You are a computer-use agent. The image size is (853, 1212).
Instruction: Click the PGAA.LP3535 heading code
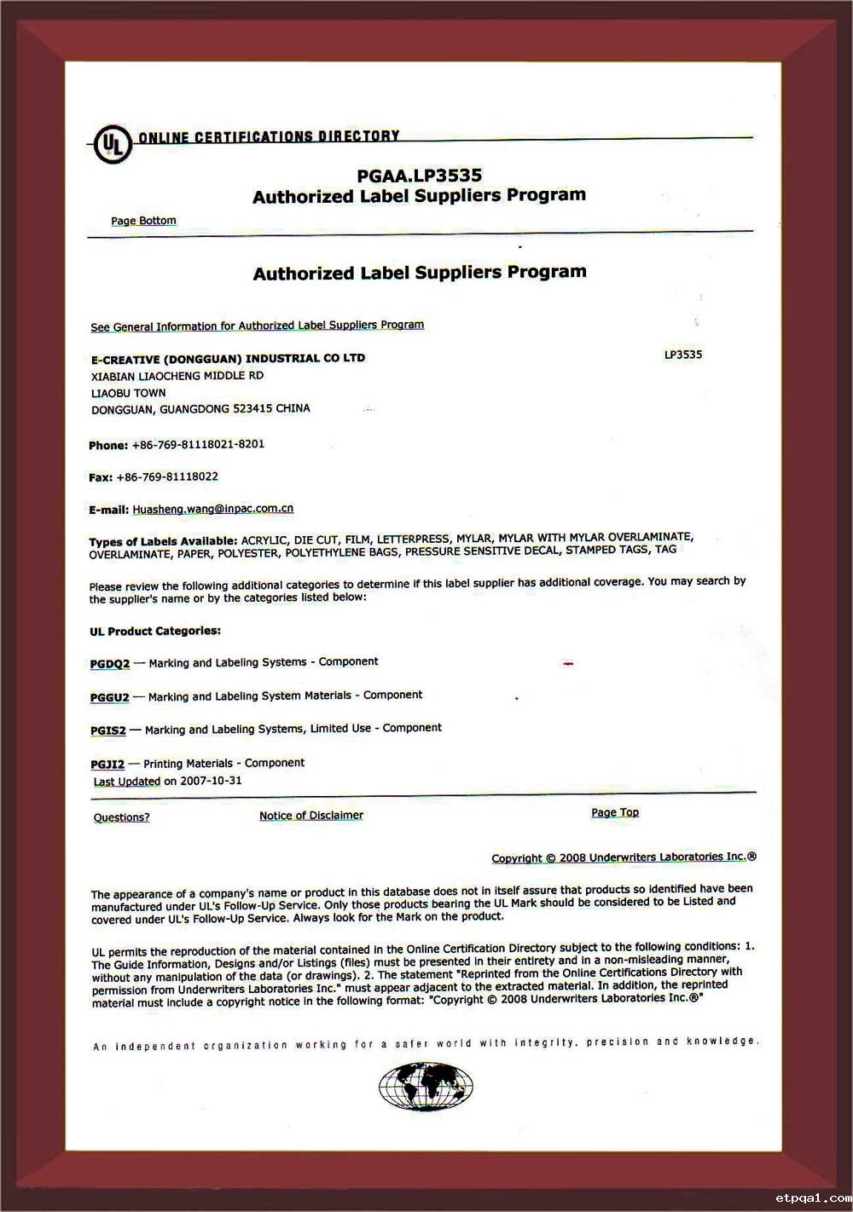(x=419, y=176)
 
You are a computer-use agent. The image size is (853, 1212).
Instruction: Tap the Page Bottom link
(x=143, y=221)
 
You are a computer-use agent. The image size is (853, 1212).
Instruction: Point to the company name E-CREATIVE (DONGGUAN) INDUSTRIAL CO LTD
(x=228, y=359)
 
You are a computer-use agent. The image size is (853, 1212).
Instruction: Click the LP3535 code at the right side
(x=683, y=355)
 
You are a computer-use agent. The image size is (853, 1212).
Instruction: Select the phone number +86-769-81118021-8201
(x=198, y=444)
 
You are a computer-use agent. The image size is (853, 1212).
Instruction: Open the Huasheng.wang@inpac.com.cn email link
(x=212, y=509)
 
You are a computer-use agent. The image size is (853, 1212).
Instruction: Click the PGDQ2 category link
(x=110, y=664)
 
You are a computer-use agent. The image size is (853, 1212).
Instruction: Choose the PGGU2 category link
(x=110, y=697)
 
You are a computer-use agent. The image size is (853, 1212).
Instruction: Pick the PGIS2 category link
(x=108, y=730)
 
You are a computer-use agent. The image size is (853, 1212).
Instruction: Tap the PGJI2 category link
(x=107, y=765)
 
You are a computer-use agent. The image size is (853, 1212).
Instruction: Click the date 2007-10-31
(x=211, y=781)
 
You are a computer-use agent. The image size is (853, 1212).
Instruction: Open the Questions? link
(x=121, y=817)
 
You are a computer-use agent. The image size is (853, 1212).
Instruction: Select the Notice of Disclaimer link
(x=311, y=816)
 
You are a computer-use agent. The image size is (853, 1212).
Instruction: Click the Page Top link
(x=615, y=812)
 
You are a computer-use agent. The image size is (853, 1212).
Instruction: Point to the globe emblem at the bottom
(x=426, y=1088)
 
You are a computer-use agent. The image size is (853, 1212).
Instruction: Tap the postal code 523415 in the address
(x=251, y=409)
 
